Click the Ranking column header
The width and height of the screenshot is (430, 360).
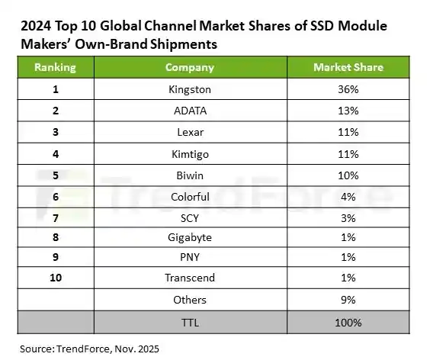[55, 67]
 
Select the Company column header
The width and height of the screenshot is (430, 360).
[190, 67]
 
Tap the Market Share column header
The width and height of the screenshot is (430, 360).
[348, 67]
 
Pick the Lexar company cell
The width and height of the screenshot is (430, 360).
[190, 132]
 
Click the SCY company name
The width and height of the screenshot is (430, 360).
[190, 217]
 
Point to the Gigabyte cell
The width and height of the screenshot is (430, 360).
[190, 237]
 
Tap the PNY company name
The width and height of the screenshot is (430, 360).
[190, 257]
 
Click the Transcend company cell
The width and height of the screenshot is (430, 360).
[190, 278]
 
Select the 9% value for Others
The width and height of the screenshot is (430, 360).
[348, 299]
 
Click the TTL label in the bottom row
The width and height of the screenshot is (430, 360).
[190, 321]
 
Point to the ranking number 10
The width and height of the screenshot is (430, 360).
[55, 278]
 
